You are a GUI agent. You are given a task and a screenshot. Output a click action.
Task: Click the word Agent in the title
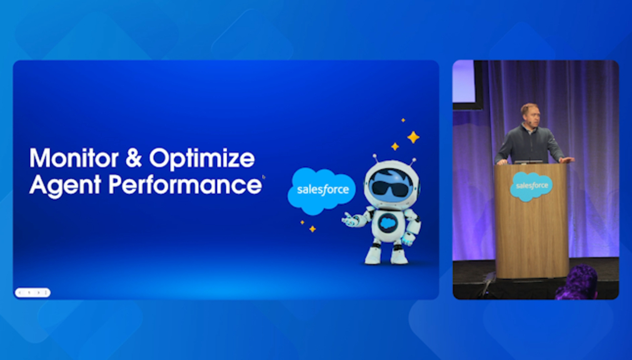coord(65,186)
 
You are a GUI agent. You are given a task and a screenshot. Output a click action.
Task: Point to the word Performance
coord(185,185)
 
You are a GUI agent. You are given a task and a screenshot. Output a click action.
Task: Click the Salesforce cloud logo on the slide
coord(322,191)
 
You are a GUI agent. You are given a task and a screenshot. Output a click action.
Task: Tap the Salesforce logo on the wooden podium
coord(531,186)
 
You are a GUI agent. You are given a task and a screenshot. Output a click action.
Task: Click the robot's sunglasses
coord(389,188)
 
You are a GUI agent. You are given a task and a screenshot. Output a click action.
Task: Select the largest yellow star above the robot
coord(413,137)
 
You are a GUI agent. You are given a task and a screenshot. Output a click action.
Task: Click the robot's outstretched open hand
coord(351,220)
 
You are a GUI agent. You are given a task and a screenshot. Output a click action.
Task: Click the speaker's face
coord(529,116)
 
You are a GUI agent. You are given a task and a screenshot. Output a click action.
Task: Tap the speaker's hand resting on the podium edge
coord(566,160)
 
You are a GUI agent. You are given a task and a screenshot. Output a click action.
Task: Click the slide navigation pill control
coord(33,292)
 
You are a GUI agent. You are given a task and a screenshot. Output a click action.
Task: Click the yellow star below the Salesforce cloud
coord(313,229)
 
